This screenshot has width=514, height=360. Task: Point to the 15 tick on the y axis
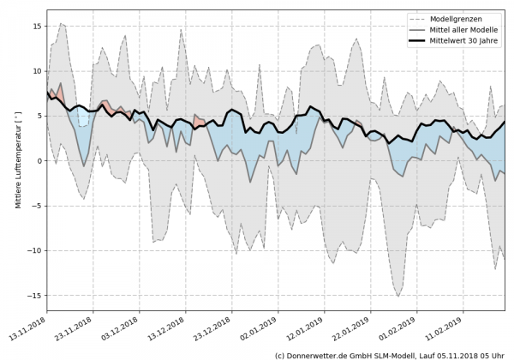coord(38,27)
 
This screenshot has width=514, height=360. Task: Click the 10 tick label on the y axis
coord(38,71)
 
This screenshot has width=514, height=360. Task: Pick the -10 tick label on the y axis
coord(35,250)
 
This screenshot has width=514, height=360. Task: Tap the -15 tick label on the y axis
coord(35,295)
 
